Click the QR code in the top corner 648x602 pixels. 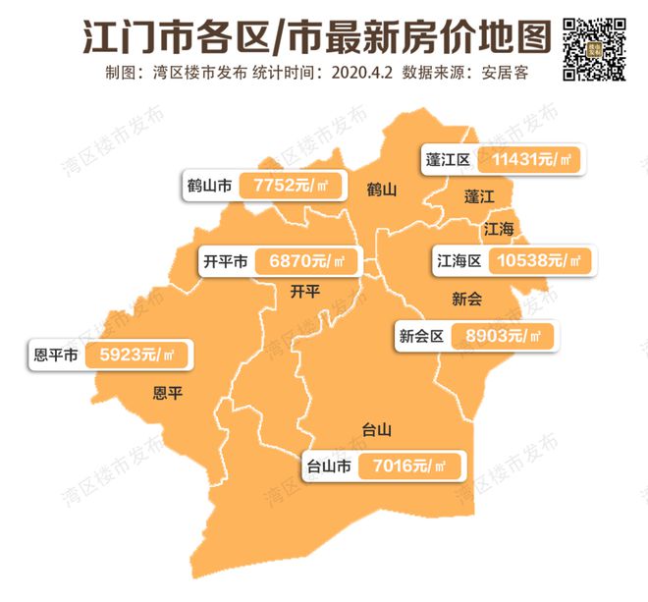[594, 47]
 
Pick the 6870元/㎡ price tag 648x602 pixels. [306, 262]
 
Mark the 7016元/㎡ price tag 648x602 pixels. [413, 465]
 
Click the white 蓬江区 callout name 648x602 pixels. [450, 160]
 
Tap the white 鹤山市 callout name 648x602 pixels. [210, 185]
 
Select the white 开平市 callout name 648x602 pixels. [223, 262]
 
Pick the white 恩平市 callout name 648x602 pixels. [55, 355]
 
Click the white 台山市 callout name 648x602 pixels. [329, 465]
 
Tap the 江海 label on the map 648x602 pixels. [499, 229]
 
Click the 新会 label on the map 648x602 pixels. [467, 297]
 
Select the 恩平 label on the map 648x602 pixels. [168, 394]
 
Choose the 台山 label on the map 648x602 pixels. [378, 429]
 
